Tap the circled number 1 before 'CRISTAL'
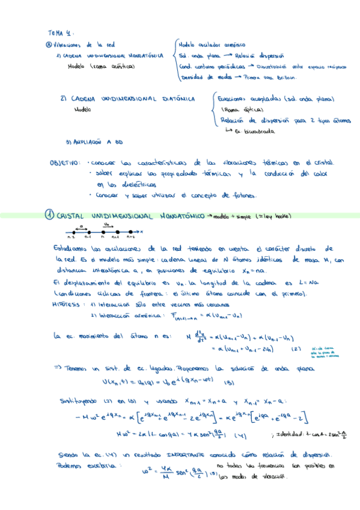pyautogui.click(x=50, y=215)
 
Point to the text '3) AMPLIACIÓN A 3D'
pyautogui.click(x=94, y=142)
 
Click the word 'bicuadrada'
pyautogui.click(x=257, y=130)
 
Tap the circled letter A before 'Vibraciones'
pyautogui.click(x=49, y=45)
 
